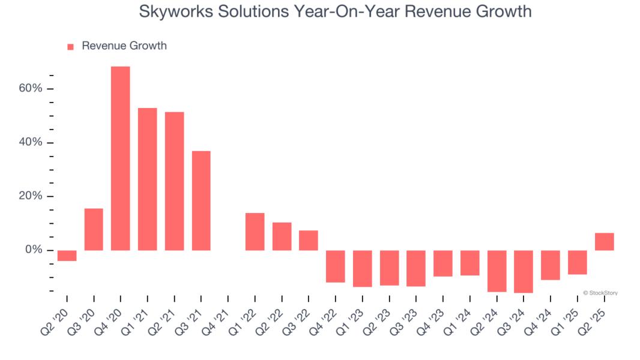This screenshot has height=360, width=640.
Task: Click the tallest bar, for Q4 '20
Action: (121, 158)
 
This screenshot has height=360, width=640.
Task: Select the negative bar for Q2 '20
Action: (67, 256)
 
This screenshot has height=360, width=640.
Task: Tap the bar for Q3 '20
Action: (94, 229)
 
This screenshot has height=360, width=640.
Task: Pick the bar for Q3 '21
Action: (201, 200)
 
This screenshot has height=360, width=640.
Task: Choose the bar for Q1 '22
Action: (255, 232)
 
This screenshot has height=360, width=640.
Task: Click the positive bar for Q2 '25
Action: (604, 241)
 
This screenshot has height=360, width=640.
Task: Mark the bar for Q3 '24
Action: (524, 271)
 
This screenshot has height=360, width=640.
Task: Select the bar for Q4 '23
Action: (443, 263)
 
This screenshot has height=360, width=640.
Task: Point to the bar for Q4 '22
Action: (336, 266)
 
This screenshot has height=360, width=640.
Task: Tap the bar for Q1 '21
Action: (148, 179)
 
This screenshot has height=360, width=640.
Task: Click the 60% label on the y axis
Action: (30, 89)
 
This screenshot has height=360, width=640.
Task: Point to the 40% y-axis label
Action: (30, 143)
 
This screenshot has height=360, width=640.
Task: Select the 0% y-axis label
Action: (33, 250)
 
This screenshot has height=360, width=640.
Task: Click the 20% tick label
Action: (30, 196)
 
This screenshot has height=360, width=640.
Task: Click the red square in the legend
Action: (70, 46)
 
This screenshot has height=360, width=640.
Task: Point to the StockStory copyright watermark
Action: (600, 293)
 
